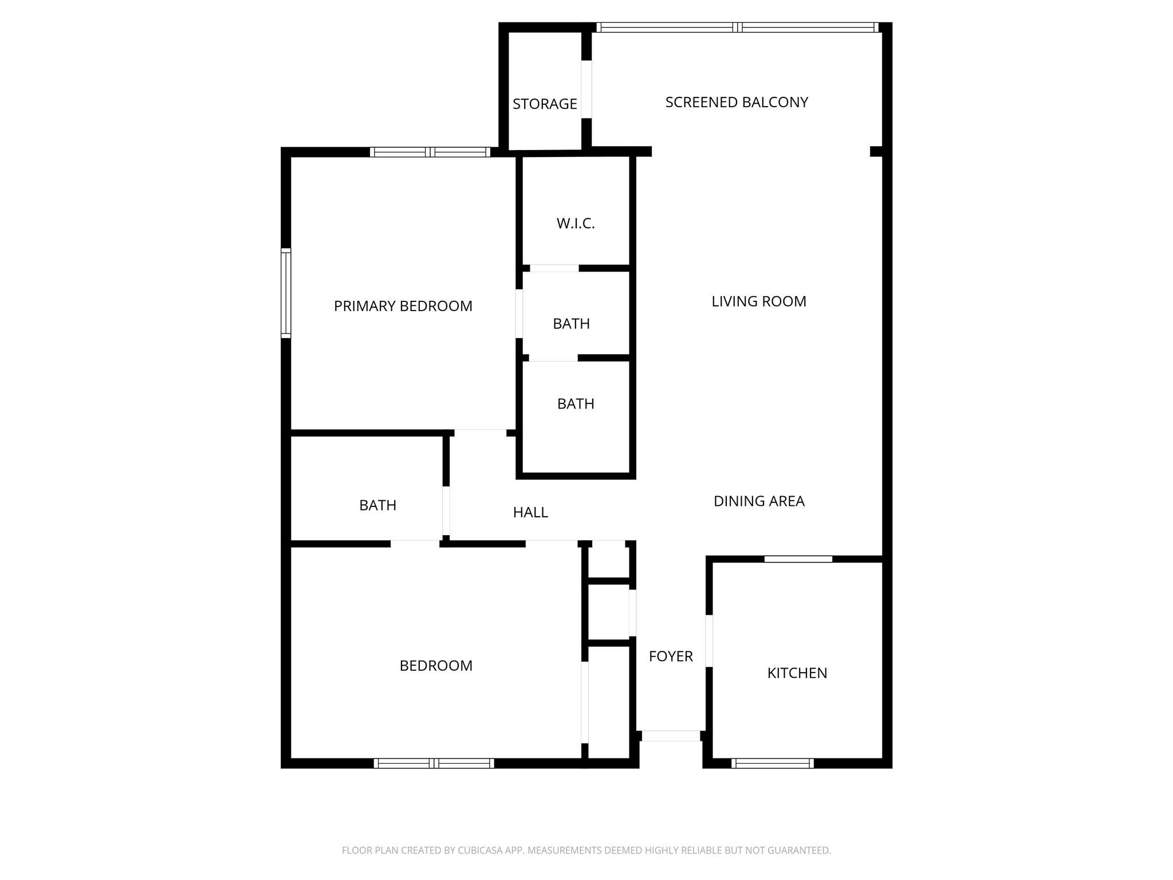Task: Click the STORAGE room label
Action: coord(545,104)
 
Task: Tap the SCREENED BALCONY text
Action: coord(737,102)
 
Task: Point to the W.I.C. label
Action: coord(576,223)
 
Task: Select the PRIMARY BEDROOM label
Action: coord(403,306)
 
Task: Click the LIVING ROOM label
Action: coord(759,301)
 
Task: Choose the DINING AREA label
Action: coord(759,501)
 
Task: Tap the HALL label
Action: coord(530,512)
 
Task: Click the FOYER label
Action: coord(671,656)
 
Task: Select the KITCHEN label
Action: coord(797,673)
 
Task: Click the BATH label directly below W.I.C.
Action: coord(571,324)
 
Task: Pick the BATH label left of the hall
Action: coord(377,505)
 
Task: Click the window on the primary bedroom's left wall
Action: coord(286,293)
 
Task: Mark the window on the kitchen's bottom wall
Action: coord(772,763)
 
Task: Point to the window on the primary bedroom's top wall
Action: coord(430,152)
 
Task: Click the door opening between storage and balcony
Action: coord(586,89)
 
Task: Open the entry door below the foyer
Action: coord(671,736)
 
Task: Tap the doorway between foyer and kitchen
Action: coord(709,641)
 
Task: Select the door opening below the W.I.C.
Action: coord(554,268)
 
